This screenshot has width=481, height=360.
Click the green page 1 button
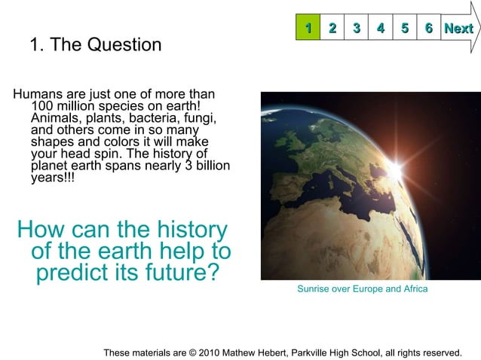pos(308,29)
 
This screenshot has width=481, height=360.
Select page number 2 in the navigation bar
pos(332,29)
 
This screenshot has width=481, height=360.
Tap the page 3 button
pos(356,29)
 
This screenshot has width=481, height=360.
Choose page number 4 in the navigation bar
pos(381,29)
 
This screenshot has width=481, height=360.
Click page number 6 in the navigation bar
pos(429,29)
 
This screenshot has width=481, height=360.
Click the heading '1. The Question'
pos(95,45)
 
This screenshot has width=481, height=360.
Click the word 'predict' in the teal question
pos(78,272)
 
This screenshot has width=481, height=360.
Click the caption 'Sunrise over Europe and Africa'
pos(362,289)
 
